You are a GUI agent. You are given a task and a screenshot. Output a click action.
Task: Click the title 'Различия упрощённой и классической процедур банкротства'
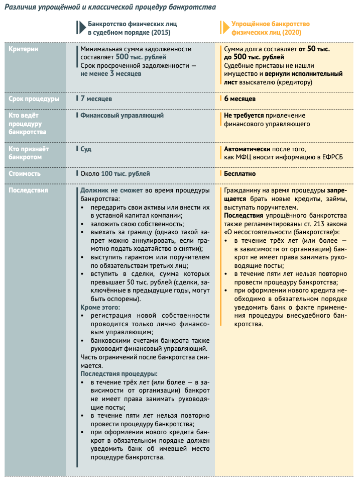coord(110,8)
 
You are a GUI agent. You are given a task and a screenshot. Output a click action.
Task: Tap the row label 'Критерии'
coord(24,49)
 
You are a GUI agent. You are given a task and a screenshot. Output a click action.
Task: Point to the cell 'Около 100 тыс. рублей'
coord(115,173)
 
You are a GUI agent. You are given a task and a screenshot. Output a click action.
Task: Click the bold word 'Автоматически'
coord(247,149)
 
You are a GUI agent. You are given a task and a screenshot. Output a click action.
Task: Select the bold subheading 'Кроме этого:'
coord(100,307)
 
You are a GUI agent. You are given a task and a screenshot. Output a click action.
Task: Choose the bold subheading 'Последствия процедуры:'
coord(119,374)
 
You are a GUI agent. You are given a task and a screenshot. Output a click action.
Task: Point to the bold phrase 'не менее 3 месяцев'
coord(110,73)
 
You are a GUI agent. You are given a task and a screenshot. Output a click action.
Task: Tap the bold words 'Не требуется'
coord(244,115)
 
